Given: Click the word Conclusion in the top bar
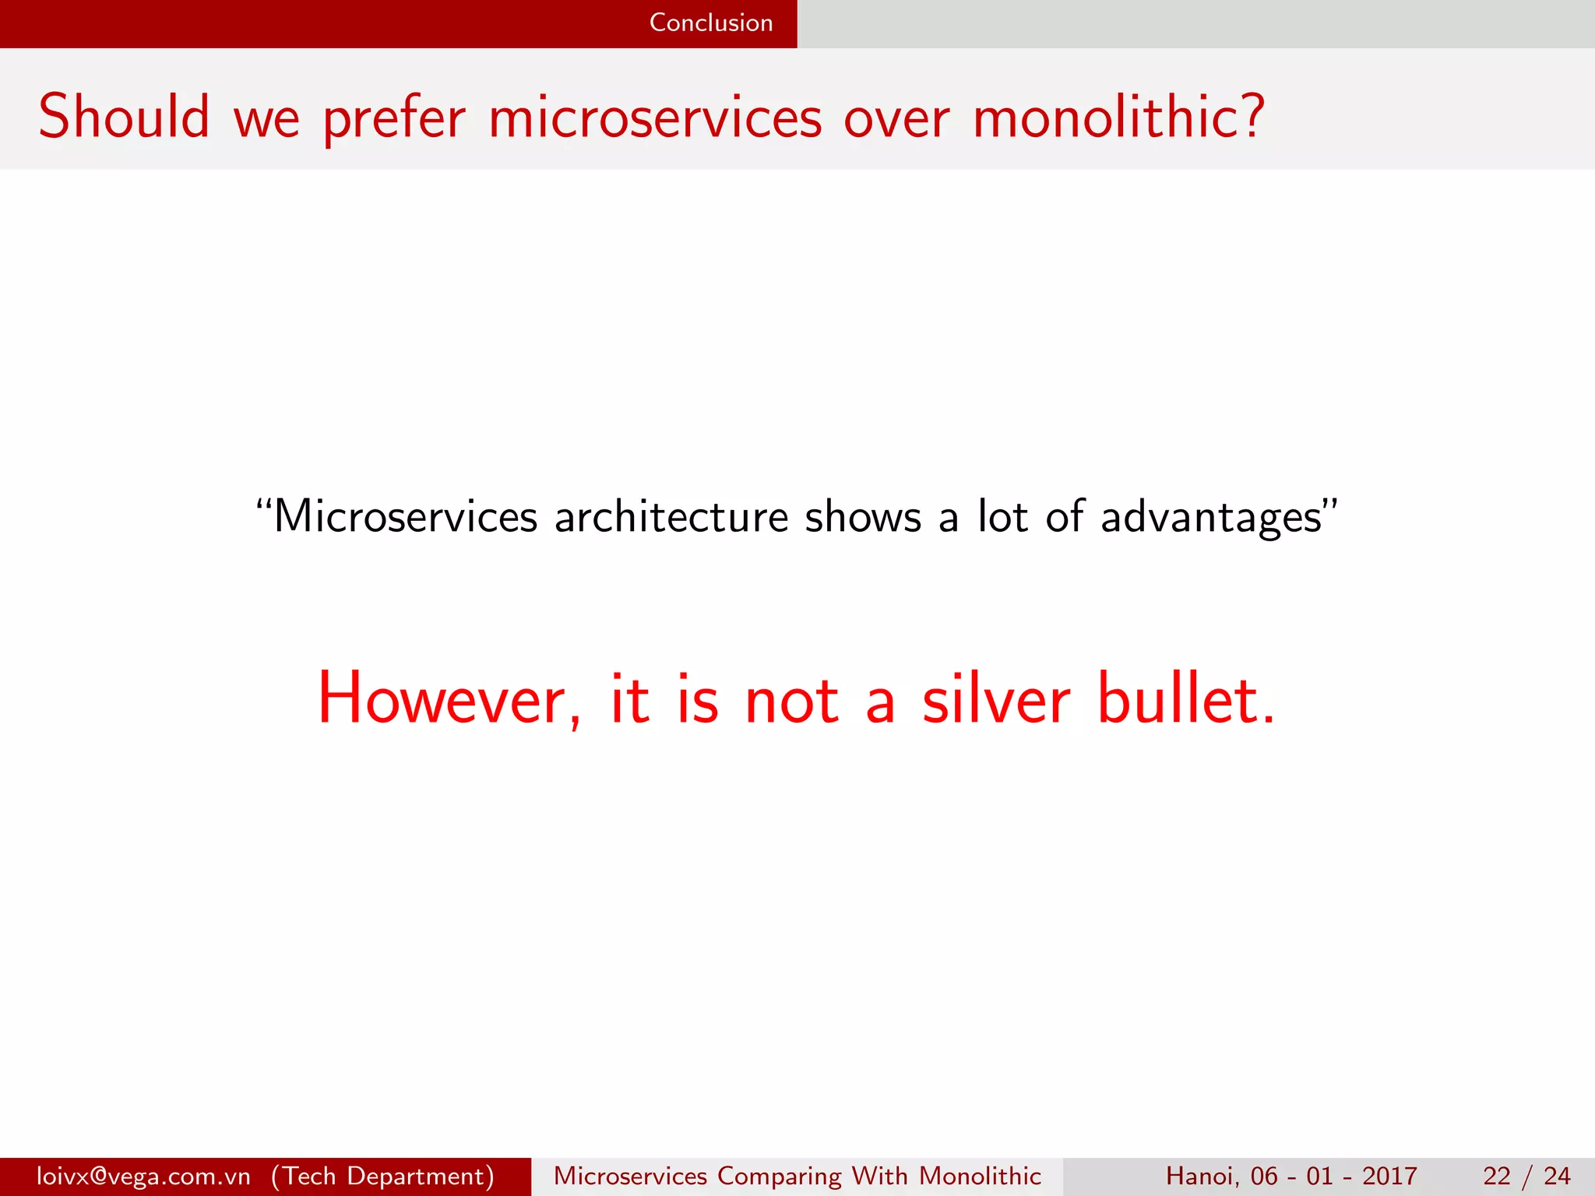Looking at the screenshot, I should pos(710,23).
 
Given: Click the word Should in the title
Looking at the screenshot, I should pos(124,117).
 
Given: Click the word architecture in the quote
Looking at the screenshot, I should pos(671,517).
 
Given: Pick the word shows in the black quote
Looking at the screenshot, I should pos(863,517).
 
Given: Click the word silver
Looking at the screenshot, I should pos(996,698).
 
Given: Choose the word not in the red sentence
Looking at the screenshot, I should pos(791,700).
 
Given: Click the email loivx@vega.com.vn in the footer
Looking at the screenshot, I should pos(143,1176).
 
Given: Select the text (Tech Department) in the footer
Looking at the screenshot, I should pos(382,1176).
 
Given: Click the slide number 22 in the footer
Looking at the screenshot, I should pos(1497,1176).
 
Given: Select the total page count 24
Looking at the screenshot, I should pos(1557,1176).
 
